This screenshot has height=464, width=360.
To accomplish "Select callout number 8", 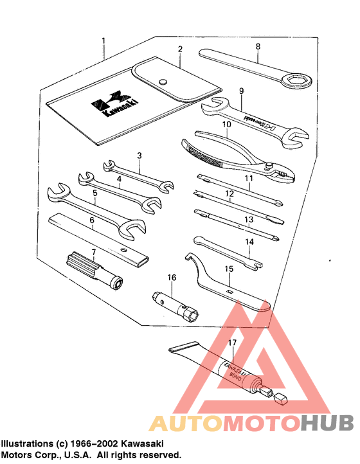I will (258, 46).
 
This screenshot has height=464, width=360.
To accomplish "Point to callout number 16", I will (172, 278).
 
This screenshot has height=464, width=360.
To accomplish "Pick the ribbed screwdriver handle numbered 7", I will (80, 263).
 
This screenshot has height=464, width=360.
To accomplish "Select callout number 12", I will (228, 193).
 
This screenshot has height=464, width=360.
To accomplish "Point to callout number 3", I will (139, 156).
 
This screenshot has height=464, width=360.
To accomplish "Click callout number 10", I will (226, 124).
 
